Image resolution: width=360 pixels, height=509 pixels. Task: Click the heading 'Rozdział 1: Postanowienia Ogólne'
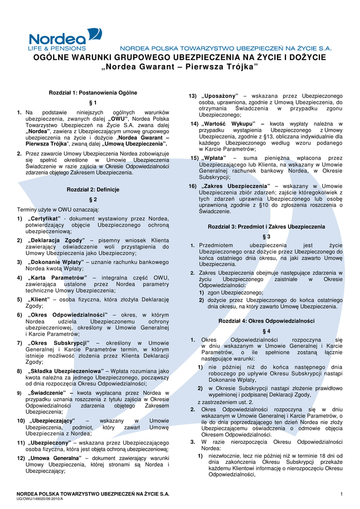(x=92, y=93)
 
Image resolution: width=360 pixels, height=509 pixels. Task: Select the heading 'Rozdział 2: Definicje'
(x=92, y=189)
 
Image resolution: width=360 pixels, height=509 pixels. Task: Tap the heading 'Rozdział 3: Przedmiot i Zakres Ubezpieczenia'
(x=266, y=226)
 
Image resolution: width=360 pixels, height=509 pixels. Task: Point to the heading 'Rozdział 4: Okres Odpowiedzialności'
(x=266, y=321)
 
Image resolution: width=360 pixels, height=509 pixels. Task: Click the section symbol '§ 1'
(x=92, y=103)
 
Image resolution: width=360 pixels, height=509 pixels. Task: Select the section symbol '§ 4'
(x=266, y=331)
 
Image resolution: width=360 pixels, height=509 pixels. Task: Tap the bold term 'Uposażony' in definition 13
(x=220, y=95)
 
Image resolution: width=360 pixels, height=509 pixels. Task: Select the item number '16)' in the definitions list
(x=192, y=186)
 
